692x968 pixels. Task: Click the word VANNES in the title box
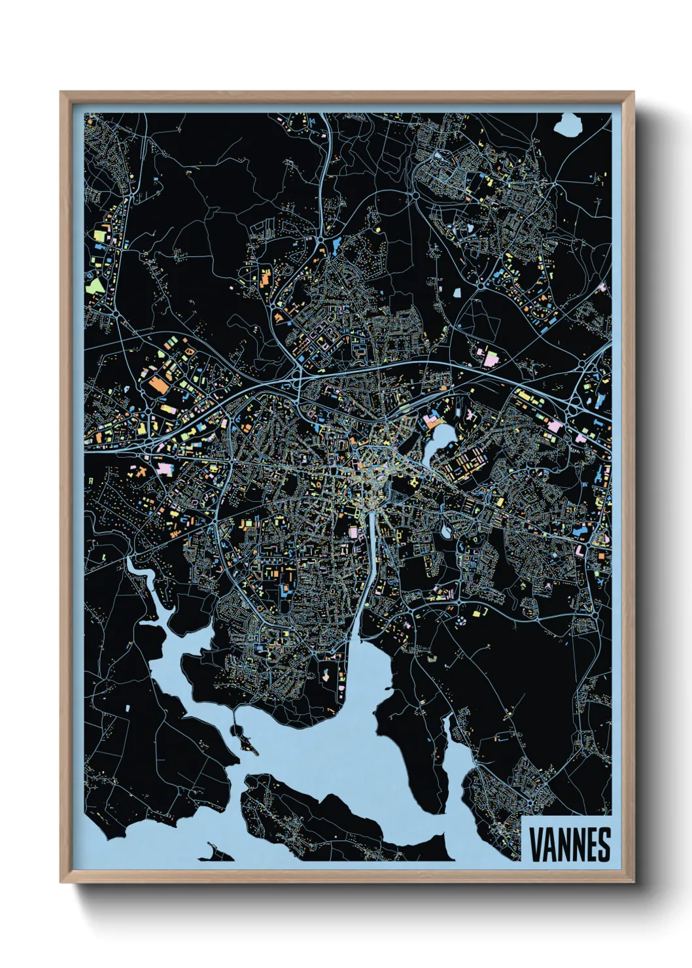[x=569, y=844]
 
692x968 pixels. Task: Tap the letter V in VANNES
[x=534, y=844]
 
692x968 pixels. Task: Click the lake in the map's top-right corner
[x=566, y=124]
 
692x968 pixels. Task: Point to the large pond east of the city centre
[x=437, y=440]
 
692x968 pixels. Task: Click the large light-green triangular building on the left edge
[x=95, y=285]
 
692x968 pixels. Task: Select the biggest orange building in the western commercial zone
[x=157, y=385]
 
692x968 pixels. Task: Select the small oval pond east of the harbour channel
[x=446, y=532]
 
